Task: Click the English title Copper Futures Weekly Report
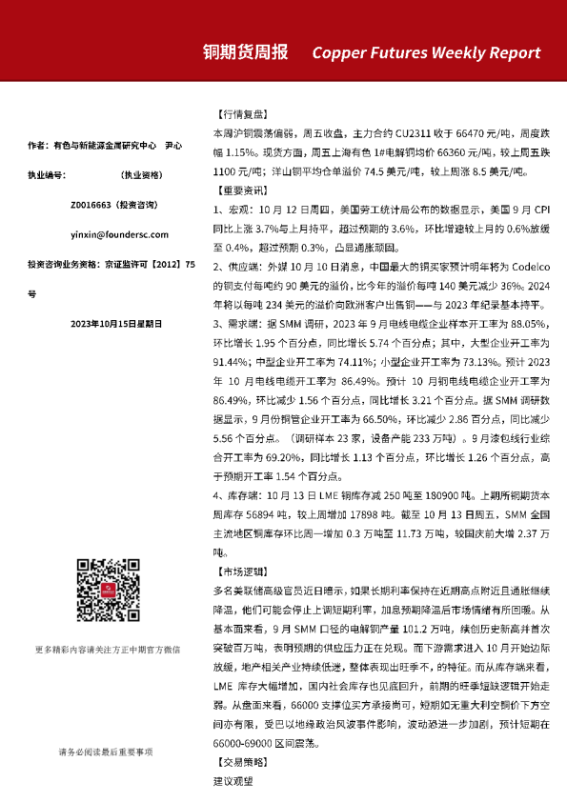pos(426,53)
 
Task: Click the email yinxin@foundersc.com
pos(107,233)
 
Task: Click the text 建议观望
pos(233,780)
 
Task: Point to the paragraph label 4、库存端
pos(236,496)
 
